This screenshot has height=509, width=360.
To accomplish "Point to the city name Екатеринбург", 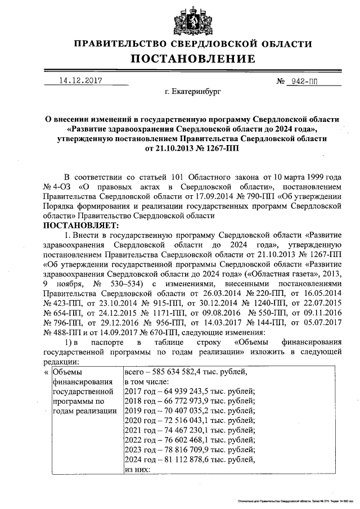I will (x=193, y=90).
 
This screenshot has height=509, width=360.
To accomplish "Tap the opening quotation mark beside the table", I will (x=46, y=372).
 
